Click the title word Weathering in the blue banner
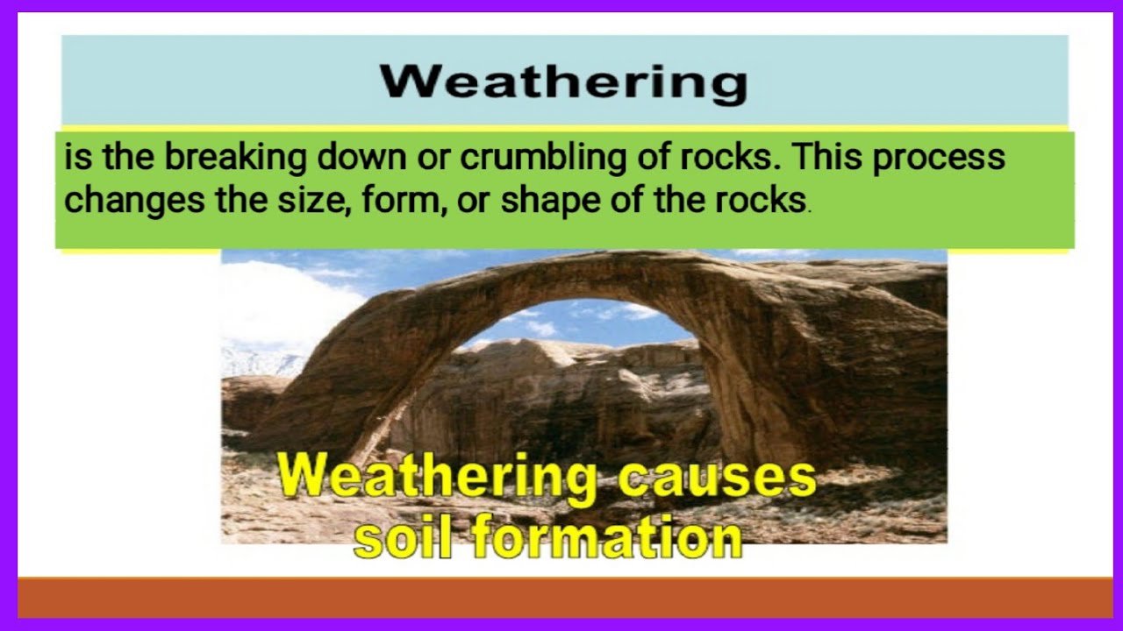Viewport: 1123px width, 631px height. click(563, 82)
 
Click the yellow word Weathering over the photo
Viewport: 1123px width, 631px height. click(437, 479)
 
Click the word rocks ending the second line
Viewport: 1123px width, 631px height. click(760, 200)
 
